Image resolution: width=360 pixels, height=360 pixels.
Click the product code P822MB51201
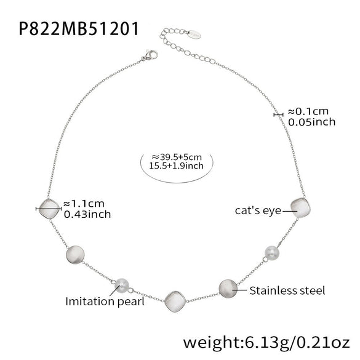pos(79,28)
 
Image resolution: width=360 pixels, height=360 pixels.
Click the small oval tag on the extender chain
pos(194,34)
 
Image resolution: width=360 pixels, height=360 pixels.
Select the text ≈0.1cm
pos(308,111)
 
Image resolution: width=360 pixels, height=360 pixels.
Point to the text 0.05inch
pos(311,122)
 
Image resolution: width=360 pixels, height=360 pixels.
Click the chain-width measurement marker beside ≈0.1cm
pos(278,114)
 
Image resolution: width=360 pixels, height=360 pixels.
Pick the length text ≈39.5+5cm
pos(177,158)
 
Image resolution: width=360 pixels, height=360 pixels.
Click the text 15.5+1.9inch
pos(177,166)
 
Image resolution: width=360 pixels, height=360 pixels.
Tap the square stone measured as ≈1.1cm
pos(49,209)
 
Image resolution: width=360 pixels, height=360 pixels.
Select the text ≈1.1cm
pos(84,204)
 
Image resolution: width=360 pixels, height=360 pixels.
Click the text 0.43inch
pos(87,214)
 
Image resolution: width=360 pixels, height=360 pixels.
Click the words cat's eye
pos(258,210)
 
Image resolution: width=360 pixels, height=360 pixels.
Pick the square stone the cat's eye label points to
pos(300,208)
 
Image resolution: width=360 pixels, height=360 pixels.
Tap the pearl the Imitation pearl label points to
pos(121,286)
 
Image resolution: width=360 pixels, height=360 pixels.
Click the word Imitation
pos(90,301)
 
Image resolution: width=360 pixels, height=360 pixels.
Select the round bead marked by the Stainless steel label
pos(228,289)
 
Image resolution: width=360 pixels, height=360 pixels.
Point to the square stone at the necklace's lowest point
pos(175,302)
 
